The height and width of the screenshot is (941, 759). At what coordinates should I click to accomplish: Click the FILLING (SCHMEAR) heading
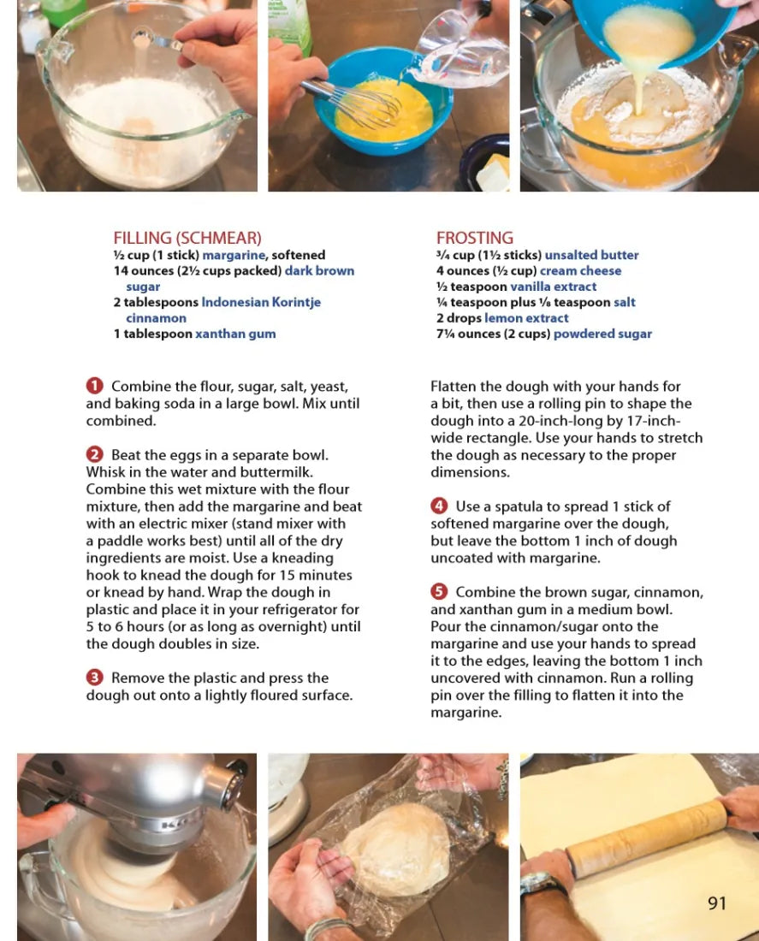tap(187, 239)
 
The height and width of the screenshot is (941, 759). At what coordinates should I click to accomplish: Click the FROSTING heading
tap(475, 239)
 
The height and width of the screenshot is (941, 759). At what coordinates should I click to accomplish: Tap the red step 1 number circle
tap(94, 385)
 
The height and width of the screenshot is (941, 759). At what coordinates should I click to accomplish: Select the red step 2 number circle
tap(94, 454)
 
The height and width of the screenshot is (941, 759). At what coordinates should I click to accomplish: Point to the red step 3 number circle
tap(94, 678)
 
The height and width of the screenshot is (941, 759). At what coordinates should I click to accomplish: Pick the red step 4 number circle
tap(439, 506)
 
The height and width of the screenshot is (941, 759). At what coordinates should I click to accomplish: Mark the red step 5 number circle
tap(439, 592)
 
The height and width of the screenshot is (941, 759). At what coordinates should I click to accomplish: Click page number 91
tap(717, 903)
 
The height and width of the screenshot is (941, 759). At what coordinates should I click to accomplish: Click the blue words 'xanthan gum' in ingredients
tap(235, 334)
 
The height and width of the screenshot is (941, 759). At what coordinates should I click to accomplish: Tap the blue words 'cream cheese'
tap(580, 270)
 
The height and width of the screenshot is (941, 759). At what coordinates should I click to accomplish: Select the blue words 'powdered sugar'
tap(602, 334)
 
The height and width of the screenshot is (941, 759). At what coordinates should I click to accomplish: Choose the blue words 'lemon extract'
tap(526, 318)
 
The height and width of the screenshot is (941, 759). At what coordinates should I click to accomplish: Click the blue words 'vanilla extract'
tap(553, 287)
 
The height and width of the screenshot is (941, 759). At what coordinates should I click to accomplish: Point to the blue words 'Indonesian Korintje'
tap(261, 302)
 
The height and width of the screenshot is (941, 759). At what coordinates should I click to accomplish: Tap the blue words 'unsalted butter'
tap(591, 255)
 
